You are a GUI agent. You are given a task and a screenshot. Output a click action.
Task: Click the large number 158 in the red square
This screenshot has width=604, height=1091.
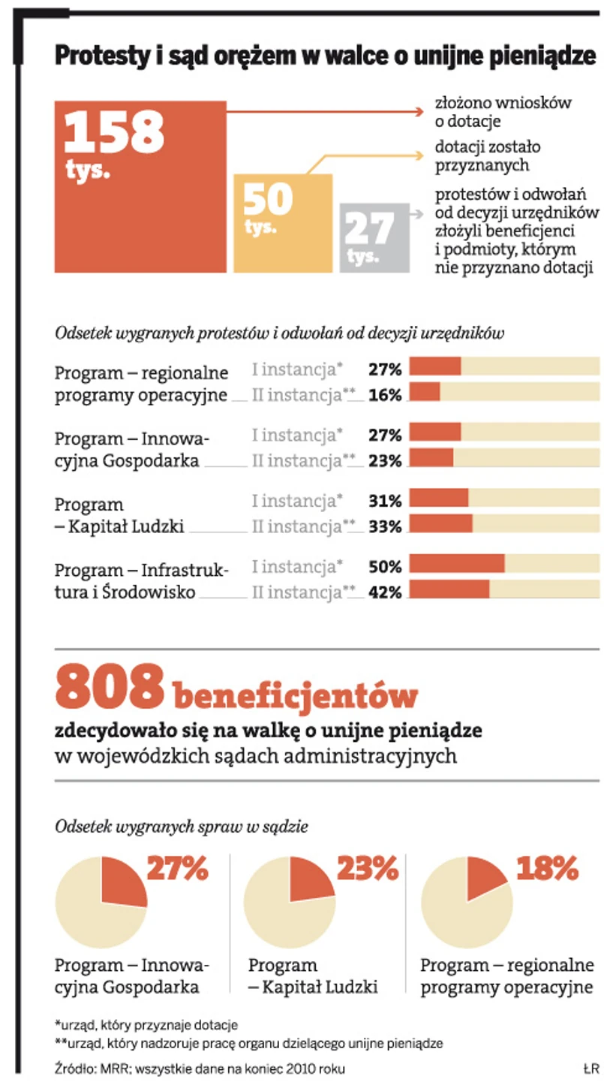click(x=114, y=132)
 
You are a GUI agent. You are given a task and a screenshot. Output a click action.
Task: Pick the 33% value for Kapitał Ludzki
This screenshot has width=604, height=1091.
click(x=386, y=526)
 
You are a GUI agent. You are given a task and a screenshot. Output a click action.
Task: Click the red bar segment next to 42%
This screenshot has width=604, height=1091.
click(x=449, y=589)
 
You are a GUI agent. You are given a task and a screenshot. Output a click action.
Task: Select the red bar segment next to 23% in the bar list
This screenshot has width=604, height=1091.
click(x=431, y=458)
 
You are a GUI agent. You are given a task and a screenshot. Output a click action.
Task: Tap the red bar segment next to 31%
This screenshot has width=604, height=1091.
click(x=439, y=499)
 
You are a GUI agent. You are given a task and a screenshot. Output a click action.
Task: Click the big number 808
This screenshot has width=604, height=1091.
click(x=110, y=686)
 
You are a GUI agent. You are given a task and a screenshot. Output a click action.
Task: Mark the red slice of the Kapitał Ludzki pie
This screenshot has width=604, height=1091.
click(x=310, y=879)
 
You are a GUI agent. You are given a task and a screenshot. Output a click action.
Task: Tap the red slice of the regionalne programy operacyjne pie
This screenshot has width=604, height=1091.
click(x=485, y=875)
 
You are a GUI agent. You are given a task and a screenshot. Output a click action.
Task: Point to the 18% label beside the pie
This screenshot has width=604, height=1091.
click(x=547, y=869)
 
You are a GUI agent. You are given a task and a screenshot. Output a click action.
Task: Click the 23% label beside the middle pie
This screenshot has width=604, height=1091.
click(x=367, y=869)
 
